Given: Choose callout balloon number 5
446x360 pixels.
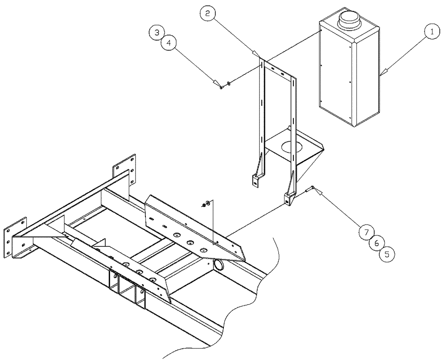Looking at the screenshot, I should pos(387,254).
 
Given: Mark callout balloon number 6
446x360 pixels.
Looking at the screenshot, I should pos(376,243).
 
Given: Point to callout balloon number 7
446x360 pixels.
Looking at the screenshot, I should pos(366,232).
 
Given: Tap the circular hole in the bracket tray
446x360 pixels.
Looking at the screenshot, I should pos(290,147).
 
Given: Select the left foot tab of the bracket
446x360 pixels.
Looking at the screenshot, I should pos(256,180).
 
